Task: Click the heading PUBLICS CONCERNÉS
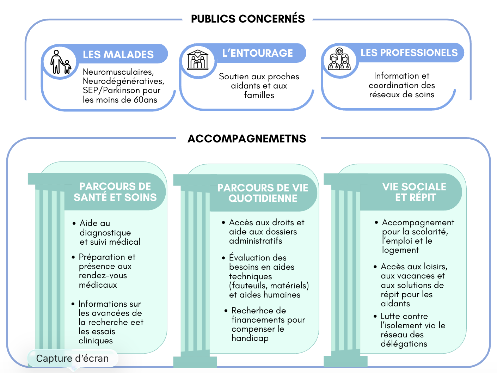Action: [x=248, y=19]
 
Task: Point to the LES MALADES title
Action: [x=118, y=55]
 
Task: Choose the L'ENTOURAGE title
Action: [x=257, y=53]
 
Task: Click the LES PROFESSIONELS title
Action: [x=409, y=53]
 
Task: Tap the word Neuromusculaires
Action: [x=118, y=72]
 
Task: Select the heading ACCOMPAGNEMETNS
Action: [x=247, y=139]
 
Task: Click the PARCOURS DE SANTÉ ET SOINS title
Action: [x=115, y=192]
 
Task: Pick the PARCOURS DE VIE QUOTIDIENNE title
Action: [x=263, y=193]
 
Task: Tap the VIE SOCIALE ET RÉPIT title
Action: [x=415, y=192]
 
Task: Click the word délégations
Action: [x=404, y=344]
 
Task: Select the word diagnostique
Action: [x=105, y=233]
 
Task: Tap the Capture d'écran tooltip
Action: [x=73, y=359]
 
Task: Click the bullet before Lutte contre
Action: [x=375, y=316]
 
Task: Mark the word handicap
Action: [x=250, y=338]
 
